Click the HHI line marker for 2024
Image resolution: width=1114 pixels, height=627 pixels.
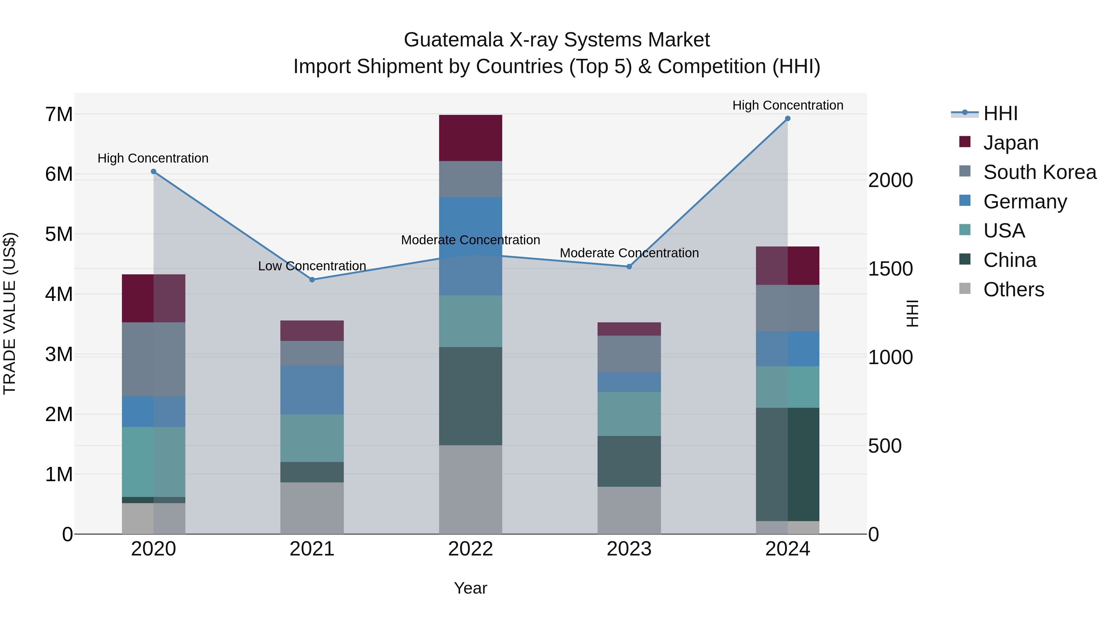pos(788,119)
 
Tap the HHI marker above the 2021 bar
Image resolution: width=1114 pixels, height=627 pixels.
pos(312,280)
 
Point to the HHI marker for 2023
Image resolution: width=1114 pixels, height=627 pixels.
pos(629,267)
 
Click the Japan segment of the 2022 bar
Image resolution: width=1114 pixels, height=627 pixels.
pos(470,138)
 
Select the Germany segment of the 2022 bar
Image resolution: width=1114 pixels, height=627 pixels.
pos(470,246)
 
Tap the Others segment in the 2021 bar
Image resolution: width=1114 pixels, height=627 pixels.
pos(312,508)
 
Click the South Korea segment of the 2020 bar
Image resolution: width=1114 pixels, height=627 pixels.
pos(153,359)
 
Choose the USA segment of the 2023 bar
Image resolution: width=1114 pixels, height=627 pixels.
pos(629,414)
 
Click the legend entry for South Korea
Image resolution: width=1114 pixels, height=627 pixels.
pos(1040,172)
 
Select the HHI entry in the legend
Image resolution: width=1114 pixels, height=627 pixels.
pos(1000,113)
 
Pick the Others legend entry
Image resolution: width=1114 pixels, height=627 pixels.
pos(1013,290)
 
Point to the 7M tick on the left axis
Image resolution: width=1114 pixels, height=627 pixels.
pos(59,115)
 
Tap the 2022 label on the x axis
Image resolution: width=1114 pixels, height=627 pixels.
pos(470,549)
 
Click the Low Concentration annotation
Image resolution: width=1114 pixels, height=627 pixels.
pos(312,266)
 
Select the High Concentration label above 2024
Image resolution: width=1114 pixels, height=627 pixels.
pos(788,105)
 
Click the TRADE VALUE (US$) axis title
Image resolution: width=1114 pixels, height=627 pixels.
pos(10,313)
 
